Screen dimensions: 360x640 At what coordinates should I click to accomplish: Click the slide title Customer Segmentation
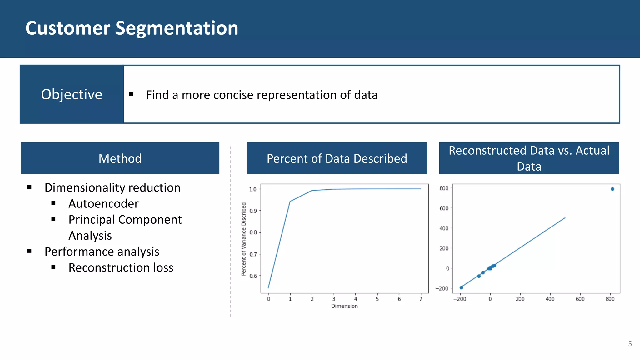click(x=132, y=28)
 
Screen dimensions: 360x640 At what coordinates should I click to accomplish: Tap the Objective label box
click(x=72, y=94)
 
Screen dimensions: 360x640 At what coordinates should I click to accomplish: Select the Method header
click(x=120, y=158)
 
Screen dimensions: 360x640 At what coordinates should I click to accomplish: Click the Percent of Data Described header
click(x=337, y=158)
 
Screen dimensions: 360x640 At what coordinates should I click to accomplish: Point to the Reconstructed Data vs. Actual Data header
click(x=529, y=158)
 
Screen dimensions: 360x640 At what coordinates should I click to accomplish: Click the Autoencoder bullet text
click(x=103, y=204)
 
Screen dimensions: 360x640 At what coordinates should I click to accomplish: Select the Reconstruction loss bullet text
click(x=121, y=268)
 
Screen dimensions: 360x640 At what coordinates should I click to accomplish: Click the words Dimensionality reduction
click(x=112, y=188)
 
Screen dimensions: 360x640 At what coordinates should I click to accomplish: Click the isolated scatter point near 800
click(x=612, y=189)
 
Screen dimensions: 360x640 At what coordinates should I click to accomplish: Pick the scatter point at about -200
click(x=461, y=287)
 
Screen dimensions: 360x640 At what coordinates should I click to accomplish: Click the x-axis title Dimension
click(x=344, y=306)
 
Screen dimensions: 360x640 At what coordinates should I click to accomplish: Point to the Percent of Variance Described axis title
click(x=244, y=239)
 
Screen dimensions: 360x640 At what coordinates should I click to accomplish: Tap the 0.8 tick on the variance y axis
click(x=253, y=232)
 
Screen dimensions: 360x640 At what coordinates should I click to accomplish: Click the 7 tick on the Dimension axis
click(x=421, y=299)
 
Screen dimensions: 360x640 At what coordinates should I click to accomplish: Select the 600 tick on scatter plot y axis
click(x=444, y=208)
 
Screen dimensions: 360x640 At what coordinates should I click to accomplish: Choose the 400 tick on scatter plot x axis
click(x=550, y=299)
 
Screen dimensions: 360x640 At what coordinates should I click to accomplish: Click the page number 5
click(x=630, y=344)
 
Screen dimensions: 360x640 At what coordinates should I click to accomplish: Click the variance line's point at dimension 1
click(x=290, y=202)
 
